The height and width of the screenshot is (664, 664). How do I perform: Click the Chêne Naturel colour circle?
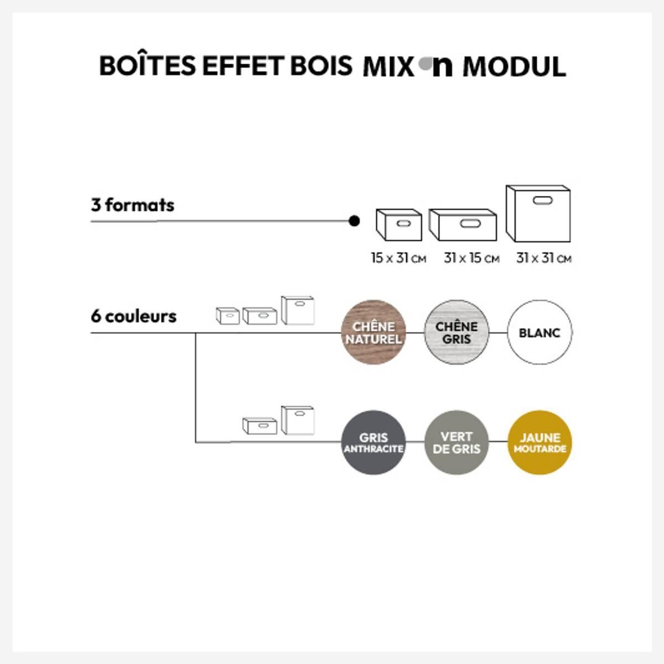click(373, 332)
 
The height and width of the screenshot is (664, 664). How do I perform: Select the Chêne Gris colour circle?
click(456, 332)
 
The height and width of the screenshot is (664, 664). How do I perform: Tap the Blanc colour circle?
click(539, 332)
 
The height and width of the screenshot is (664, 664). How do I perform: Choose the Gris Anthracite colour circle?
click(373, 443)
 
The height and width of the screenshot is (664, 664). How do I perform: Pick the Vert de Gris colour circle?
click(456, 443)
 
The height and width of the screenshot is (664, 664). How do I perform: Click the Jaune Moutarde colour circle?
click(539, 443)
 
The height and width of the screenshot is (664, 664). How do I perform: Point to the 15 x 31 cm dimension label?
click(398, 258)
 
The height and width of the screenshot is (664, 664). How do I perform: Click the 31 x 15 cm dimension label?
click(471, 258)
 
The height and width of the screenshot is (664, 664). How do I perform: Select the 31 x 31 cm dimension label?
click(544, 258)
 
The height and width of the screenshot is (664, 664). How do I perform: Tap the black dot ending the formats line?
click(354, 221)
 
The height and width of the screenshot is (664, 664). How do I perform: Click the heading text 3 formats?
click(133, 205)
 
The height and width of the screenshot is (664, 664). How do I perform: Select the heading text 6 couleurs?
click(134, 317)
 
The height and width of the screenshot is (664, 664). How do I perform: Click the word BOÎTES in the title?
click(148, 65)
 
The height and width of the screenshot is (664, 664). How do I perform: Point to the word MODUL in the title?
click(515, 66)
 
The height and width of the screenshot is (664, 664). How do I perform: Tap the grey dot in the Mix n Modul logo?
click(425, 64)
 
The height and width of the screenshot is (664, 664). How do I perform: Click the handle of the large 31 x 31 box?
click(543, 200)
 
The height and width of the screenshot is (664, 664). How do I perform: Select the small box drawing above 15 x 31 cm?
click(399, 225)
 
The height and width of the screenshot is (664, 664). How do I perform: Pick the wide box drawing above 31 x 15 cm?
click(463, 225)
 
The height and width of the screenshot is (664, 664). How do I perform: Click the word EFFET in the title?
click(243, 66)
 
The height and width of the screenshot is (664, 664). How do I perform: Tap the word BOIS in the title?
click(321, 66)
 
